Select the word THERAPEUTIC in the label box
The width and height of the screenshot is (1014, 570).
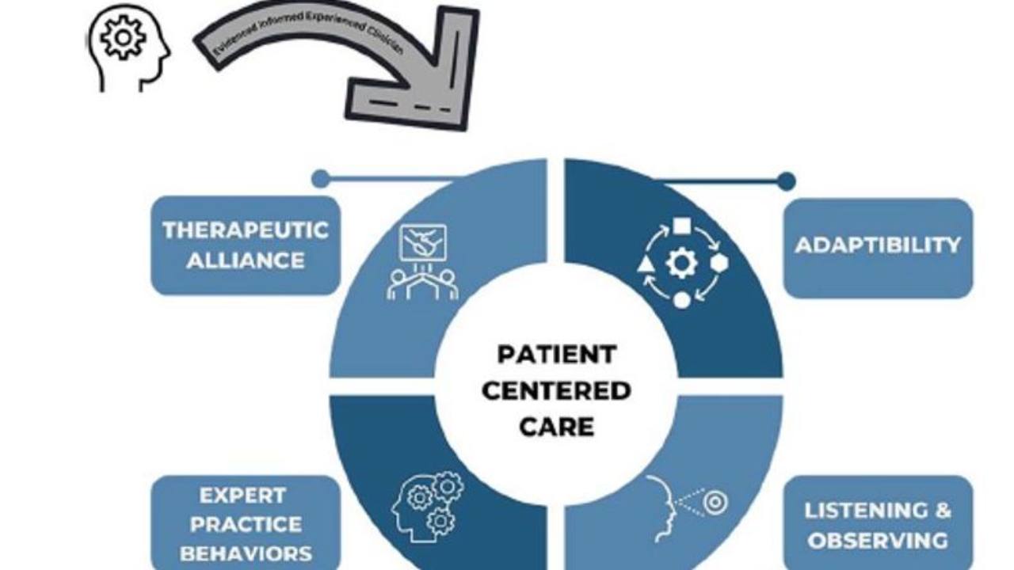click(245, 230)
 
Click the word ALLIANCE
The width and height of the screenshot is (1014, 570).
click(245, 260)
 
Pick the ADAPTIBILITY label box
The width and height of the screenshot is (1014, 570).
click(878, 246)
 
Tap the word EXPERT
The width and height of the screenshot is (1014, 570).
click(242, 496)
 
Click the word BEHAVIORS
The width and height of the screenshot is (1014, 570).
click(245, 553)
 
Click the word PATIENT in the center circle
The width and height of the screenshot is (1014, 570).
click(556, 354)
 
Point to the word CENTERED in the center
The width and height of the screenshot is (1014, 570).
click(556, 390)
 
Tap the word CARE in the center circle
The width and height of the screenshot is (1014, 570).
click(556, 427)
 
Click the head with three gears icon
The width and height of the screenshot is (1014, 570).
click(428, 507)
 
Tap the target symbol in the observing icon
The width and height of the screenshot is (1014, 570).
click(715, 503)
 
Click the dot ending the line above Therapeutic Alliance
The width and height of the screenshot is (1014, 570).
click(320, 179)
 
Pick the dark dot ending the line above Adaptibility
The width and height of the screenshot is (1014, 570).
click(786, 181)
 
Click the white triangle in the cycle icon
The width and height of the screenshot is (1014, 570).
click(646, 264)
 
